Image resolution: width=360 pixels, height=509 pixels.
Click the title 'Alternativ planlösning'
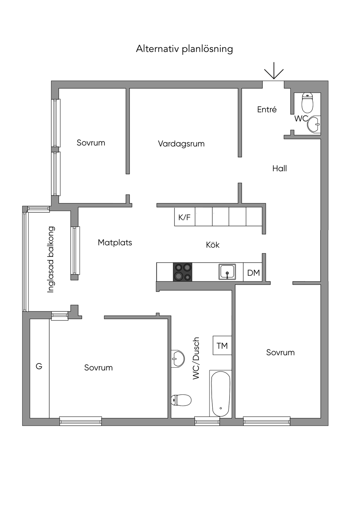(184, 49)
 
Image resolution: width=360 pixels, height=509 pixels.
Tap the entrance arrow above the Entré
(274, 71)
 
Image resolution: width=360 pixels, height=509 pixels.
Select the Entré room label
(267, 110)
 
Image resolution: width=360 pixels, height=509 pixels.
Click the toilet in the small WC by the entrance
(308, 102)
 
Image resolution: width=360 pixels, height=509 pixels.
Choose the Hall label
(279, 169)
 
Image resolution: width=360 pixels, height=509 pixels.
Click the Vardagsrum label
(181, 144)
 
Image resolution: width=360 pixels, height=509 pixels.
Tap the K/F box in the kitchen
(185, 217)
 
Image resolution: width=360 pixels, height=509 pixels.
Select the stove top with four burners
(182, 272)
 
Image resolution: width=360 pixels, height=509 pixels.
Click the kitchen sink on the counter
(227, 272)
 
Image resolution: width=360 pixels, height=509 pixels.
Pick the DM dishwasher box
(253, 272)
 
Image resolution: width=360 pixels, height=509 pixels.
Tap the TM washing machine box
(222, 346)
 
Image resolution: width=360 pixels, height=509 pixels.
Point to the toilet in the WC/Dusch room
(181, 400)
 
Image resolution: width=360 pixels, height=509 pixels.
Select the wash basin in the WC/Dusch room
(178, 359)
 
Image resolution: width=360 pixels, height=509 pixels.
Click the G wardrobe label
(39, 366)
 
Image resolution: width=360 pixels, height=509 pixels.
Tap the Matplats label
(115, 243)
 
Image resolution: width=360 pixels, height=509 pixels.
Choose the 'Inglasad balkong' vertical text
(51, 259)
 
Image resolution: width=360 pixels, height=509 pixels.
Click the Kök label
(213, 245)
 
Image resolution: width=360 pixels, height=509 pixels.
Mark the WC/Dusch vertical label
(196, 358)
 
